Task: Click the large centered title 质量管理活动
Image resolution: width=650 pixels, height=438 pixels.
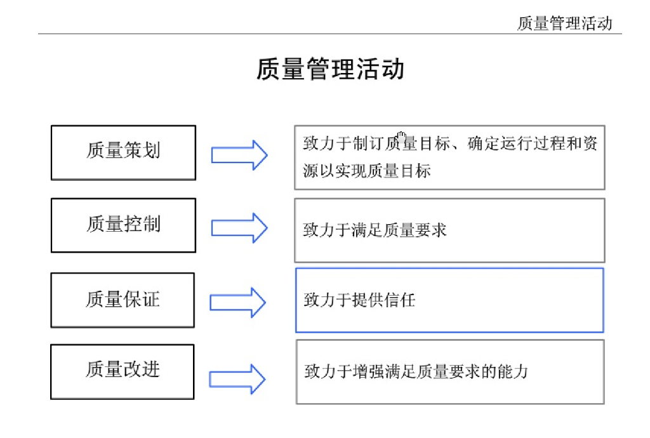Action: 330,69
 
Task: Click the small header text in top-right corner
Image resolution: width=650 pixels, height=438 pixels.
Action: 564,23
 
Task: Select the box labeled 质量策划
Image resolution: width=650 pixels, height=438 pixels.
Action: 123,152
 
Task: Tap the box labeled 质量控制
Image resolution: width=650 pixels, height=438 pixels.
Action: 123,225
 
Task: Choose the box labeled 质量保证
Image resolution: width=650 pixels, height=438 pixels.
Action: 123,300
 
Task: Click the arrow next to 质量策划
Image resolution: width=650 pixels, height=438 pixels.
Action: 239,155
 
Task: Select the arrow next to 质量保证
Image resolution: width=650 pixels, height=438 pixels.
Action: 237,302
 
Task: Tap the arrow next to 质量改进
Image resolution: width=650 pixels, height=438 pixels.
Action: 237,379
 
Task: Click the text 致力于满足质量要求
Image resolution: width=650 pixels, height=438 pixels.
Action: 375,230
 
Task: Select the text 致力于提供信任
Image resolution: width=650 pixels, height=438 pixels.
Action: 359,300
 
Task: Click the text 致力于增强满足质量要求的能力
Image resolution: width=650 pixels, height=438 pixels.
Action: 416,371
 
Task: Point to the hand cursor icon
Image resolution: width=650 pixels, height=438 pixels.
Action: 401,138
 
